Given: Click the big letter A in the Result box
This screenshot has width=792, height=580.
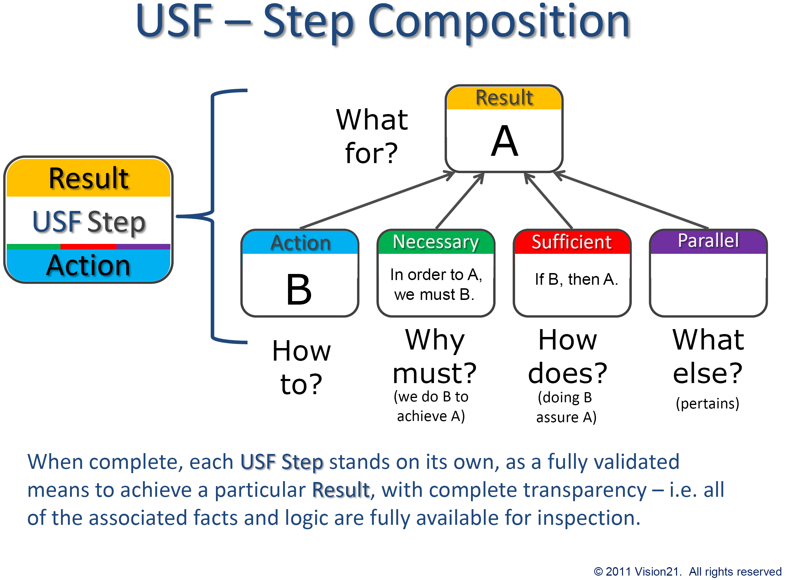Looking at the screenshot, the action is [504, 141].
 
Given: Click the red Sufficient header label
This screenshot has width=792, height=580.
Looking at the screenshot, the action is [571, 242].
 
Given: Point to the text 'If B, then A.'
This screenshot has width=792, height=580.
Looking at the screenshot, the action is [576, 279].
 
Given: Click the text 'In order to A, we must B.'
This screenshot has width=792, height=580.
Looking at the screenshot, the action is [435, 284].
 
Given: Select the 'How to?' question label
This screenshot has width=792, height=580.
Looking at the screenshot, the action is [301, 367].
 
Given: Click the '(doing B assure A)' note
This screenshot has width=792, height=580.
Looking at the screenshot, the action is [566, 407].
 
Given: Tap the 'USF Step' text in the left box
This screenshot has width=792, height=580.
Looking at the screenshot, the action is [89, 222].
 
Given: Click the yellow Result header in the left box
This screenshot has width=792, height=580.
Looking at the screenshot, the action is [88, 178].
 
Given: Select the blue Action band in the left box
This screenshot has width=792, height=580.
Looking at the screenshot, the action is [88, 265].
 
